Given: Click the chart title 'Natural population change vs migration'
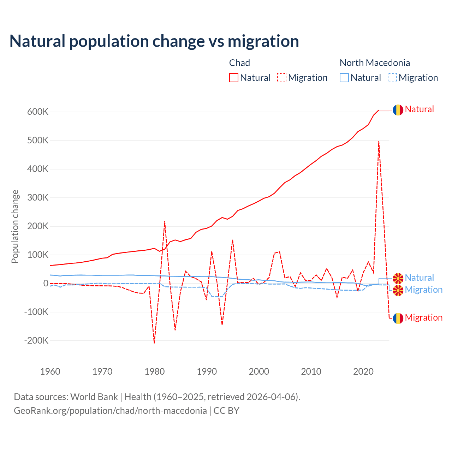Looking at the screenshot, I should [x=154, y=41].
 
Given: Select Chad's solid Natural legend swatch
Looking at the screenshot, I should [x=233, y=78].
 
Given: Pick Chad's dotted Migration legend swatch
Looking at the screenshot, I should [x=282, y=78].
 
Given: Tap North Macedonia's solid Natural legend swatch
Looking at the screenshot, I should [x=344, y=78].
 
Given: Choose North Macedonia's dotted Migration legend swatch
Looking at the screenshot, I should [x=392, y=78].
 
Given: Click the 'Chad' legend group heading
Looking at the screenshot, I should [x=239, y=63].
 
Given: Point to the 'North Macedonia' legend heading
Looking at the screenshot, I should [x=375, y=63].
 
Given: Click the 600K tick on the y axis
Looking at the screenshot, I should [x=38, y=112].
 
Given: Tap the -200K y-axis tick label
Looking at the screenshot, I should [x=36, y=341].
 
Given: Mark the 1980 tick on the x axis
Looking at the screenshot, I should [x=155, y=371].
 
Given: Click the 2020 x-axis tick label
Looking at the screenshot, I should [x=363, y=371].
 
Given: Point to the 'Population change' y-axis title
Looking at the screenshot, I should [x=15, y=226].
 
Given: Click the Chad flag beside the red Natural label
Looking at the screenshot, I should [x=398, y=110].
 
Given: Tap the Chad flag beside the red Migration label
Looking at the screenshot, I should [x=398, y=318].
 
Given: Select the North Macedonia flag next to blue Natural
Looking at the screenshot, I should [x=398, y=278].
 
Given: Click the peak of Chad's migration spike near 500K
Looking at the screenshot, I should [x=379, y=142].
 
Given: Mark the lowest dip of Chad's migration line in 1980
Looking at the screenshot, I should [x=154, y=343].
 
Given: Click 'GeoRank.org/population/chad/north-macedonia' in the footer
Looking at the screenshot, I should [x=110, y=411].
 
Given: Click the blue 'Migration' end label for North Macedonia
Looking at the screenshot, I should [x=423, y=290].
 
